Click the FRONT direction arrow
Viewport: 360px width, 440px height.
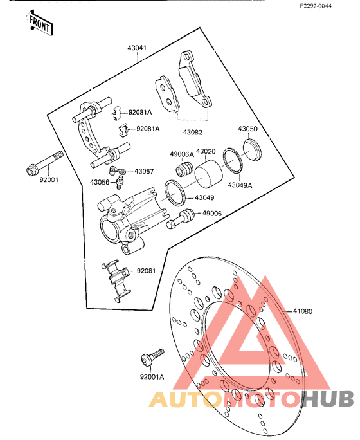point(39,23)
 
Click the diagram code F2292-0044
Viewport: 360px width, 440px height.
point(316,6)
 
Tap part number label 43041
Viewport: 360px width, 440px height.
point(137,48)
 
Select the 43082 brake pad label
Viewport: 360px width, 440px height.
point(193,132)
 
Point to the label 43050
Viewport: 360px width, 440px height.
point(248,129)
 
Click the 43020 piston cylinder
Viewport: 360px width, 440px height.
point(209,174)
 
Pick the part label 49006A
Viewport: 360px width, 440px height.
point(182,154)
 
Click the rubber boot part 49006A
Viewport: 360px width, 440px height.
point(184,169)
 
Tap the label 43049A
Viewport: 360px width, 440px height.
point(240,185)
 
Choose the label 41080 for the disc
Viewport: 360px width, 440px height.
point(303,311)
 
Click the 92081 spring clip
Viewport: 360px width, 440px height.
point(116,280)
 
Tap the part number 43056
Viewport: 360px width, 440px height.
point(100,183)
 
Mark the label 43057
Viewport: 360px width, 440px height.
point(144,171)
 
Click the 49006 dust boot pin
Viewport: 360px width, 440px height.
point(180,219)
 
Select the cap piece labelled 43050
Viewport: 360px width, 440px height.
point(252,150)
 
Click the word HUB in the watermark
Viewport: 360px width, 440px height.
point(328,398)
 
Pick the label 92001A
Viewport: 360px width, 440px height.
point(152,377)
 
